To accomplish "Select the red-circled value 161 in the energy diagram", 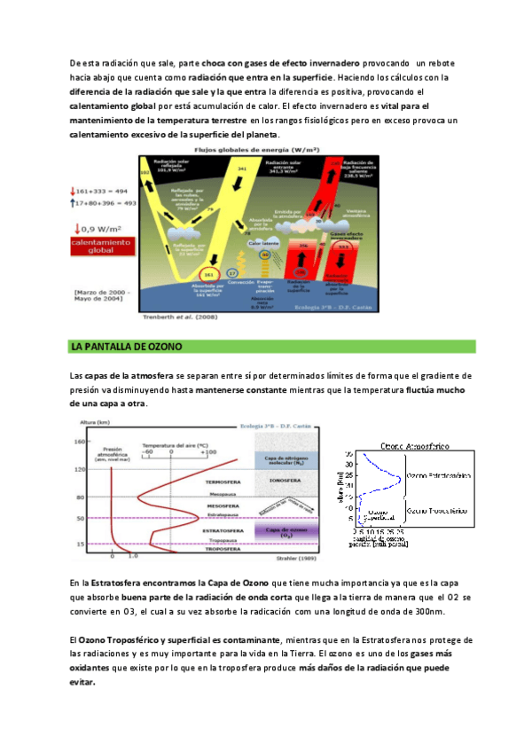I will coord(209,275).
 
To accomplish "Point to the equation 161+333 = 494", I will coord(102,191).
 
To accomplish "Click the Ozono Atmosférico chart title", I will coord(418,445).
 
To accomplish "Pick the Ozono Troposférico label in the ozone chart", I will coord(437,512).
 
